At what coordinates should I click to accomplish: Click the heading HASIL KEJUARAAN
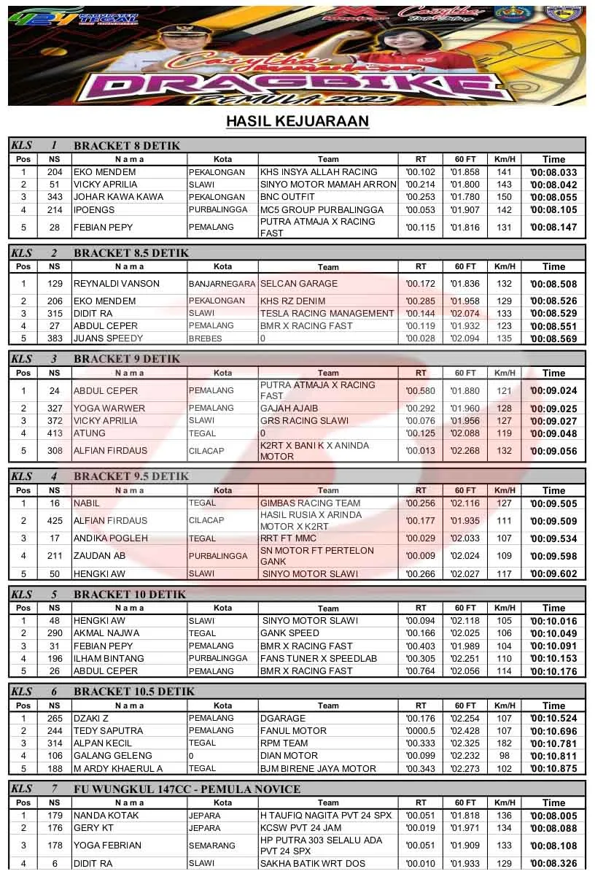coord(297,121)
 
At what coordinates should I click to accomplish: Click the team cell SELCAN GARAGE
coord(299,284)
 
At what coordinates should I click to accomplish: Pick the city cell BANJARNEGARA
coord(222,284)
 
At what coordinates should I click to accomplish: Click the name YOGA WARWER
coord(109,409)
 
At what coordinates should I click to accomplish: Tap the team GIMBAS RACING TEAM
coord(311,503)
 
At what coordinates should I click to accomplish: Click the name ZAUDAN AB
coord(100,556)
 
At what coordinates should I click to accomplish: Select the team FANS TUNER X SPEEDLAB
coord(319,658)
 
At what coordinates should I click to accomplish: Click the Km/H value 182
coord(505,743)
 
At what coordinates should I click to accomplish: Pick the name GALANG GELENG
coord(113,756)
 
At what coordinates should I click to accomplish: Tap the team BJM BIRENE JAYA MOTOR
coord(319,768)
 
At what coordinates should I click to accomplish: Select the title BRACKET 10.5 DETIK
coord(134,692)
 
